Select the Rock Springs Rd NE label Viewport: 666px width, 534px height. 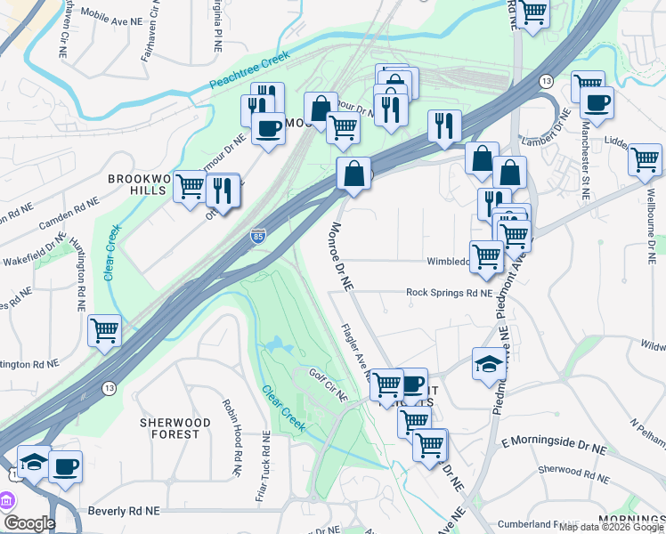point(449,292)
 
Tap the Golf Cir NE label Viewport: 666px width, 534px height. point(328,384)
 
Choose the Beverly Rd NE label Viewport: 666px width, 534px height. point(124,512)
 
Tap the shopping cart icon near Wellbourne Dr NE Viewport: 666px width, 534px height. point(645,160)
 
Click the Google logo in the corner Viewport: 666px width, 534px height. point(28,523)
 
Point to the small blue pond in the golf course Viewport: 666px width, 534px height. point(277,344)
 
